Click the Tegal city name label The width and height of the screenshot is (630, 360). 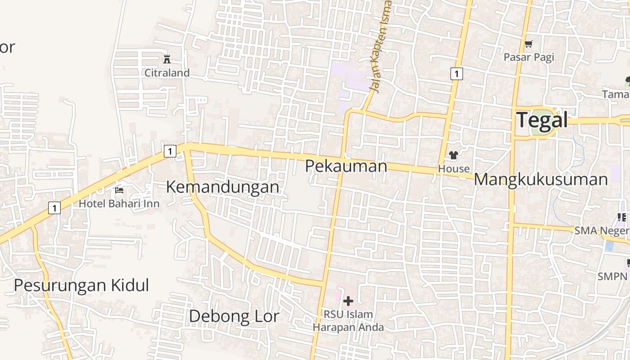(542, 120)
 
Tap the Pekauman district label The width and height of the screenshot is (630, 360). (346, 166)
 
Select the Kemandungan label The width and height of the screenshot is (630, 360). (223, 187)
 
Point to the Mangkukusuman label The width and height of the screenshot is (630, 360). (541, 180)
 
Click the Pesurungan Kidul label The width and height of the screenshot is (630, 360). (81, 285)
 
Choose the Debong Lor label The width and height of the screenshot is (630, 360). (234, 316)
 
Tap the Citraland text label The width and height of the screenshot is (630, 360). (167, 73)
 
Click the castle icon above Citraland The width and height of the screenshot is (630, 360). (167, 59)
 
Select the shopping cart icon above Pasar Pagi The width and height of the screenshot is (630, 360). (529, 44)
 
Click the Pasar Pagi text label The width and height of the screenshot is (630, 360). (529, 57)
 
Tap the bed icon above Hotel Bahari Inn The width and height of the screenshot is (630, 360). (119, 190)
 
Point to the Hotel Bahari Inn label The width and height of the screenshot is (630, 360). (119, 204)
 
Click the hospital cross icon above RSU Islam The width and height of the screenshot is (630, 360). (348, 301)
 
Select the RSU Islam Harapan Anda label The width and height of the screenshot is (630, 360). (348, 321)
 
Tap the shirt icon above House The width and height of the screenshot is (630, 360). (454, 156)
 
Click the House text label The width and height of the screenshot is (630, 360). (454, 169)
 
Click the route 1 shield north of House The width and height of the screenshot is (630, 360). (456, 74)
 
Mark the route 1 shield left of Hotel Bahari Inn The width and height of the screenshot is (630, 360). (54, 208)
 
